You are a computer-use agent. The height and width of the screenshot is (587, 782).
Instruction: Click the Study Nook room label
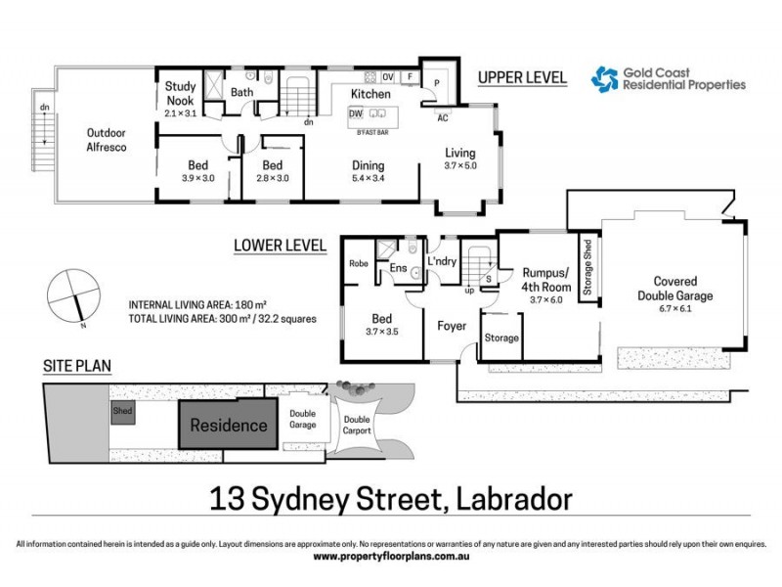(x=180, y=92)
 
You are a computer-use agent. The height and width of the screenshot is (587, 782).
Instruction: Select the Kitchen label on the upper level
(x=371, y=94)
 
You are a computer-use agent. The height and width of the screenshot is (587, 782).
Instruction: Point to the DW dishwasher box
(x=356, y=114)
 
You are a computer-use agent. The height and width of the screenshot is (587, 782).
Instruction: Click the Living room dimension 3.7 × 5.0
(x=460, y=166)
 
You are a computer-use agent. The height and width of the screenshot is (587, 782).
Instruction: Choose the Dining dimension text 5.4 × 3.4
(x=369, y=179)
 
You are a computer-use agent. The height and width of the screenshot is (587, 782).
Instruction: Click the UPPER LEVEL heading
(x=521, y=78)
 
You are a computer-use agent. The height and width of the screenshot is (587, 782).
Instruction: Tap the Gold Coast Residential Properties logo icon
(x=605, y=78)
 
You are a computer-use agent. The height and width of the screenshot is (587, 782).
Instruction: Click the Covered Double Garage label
(x=675, y=290)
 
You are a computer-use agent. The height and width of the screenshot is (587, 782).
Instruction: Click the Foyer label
(x=452, y=325)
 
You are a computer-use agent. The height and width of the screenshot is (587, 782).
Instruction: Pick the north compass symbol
(x=73, y=296)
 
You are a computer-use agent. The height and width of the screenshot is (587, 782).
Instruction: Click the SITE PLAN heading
(x=77, y=367)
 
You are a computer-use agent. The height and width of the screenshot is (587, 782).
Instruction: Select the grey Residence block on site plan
(x=228, y=426)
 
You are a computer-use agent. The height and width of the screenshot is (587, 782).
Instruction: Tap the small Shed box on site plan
(x=123, y=411)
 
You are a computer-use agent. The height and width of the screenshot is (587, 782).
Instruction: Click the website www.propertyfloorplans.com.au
(x=390, y=557)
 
